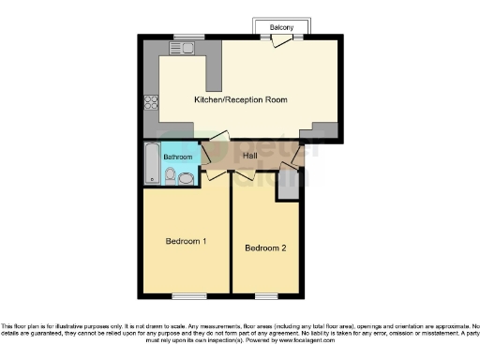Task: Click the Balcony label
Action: [x=281, y=27]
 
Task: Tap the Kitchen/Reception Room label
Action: [x=240, y=99]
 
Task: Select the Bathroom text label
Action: [x=178, y=157]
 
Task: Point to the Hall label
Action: [x=250, y=156]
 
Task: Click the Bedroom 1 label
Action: [x=186, y=241]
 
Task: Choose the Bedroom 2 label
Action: [x=265, y=248]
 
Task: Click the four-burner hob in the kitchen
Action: [x=150, y=104]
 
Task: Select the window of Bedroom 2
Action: [x=267, y=295]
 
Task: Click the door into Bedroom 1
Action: [x=217, y=174]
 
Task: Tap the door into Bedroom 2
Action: [x=246, y=174]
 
